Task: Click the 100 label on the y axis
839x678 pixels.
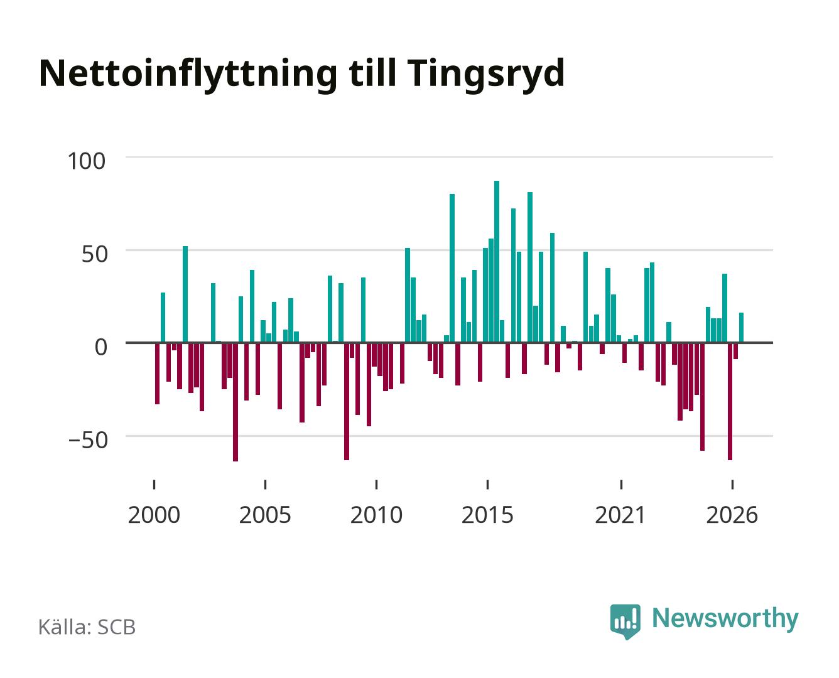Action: point(86,161)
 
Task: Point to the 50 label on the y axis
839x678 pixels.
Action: point(95,254)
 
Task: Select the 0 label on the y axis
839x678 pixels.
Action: point(101,347)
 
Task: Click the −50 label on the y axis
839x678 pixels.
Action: point(88,440)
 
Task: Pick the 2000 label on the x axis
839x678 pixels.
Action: point(154,515)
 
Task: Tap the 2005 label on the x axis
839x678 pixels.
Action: point(265,515)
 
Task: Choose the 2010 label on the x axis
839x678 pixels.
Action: point(376,515)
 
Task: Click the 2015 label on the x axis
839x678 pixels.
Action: point(488,515)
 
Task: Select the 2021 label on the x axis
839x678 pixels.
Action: point(620,515)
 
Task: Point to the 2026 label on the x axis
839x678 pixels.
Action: point(732,515)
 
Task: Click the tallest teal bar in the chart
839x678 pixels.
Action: point(496,261)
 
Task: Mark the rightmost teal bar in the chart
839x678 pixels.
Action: point(741,327)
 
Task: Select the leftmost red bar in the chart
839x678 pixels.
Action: point(157,374)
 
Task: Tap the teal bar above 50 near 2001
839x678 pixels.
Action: point(185,294)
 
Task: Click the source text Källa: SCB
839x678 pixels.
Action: point(87,627)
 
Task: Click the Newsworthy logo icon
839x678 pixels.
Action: point(625,621)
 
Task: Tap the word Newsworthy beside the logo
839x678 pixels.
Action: point(725,618)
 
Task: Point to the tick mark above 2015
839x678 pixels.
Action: point(488,484)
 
